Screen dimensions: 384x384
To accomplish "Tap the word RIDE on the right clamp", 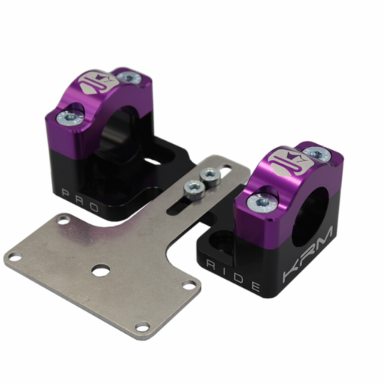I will coord(234,275).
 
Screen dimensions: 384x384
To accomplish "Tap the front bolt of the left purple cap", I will coord(70,116).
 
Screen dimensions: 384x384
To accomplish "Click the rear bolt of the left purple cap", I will coord(130,76).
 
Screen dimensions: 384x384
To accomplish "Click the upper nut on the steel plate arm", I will coord(210,175).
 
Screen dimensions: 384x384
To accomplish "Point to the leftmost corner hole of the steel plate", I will coord(13,257).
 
